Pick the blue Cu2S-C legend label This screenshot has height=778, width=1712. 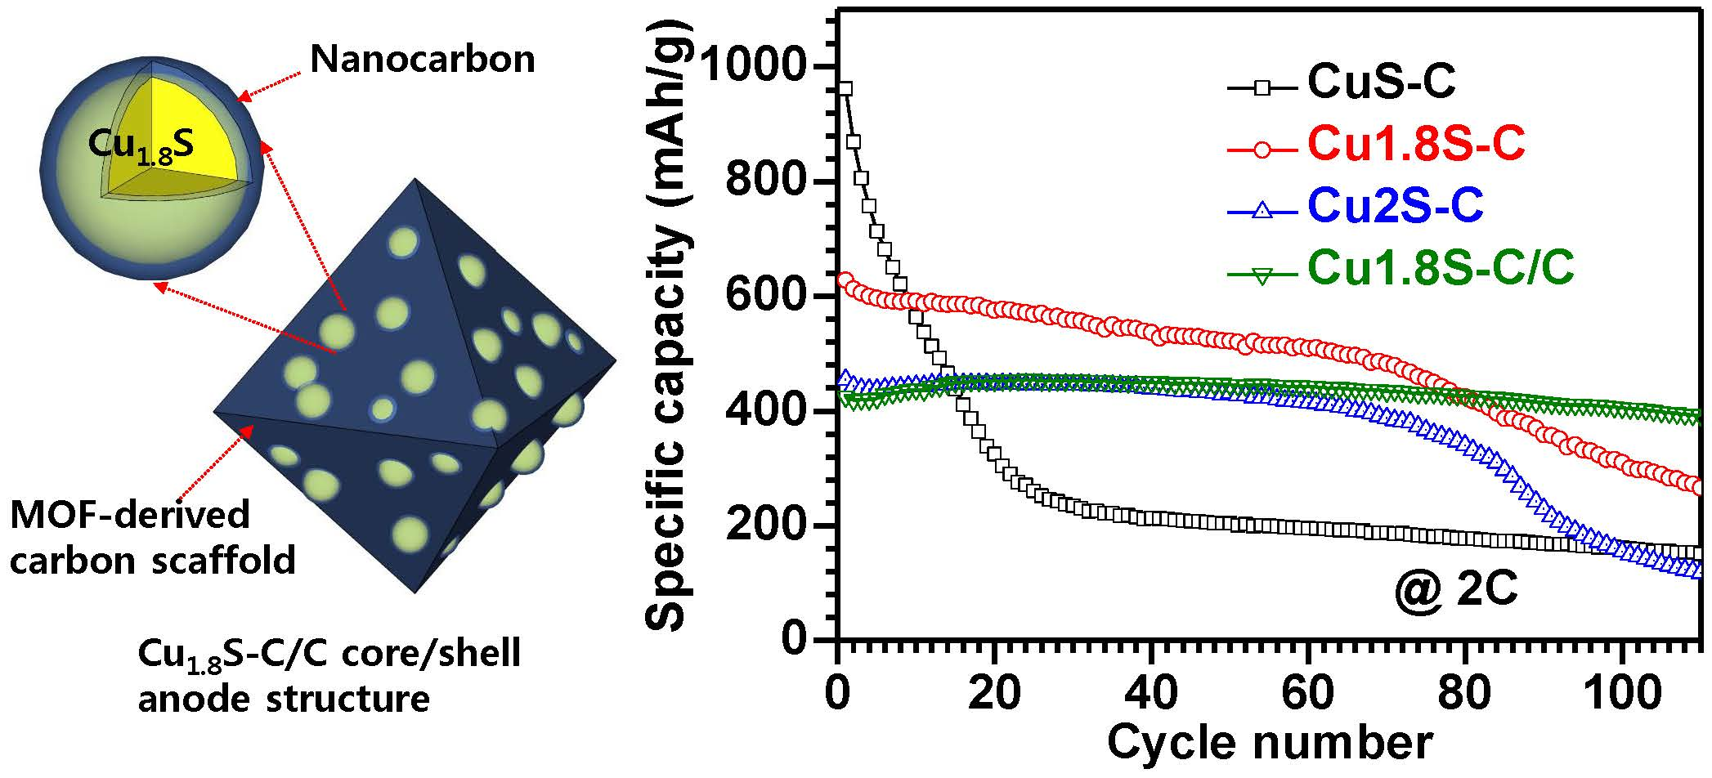pos(1395,206)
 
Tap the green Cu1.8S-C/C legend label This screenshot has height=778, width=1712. pos(1441,268)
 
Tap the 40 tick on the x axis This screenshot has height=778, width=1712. pos(1151,695)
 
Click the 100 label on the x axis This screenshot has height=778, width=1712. pos(1622,695)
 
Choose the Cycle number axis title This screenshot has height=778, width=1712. pos(1269,744)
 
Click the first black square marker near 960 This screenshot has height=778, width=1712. pos(846,88)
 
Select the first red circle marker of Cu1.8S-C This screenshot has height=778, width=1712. pos(846,279)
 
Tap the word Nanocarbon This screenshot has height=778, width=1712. pos(423,59)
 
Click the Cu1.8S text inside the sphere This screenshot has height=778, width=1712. pos(141,145)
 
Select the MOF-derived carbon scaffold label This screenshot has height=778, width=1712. pos(152,538)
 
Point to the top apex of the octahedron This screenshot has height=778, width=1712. pos(416,179)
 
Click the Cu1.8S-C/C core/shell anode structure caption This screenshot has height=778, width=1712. pos(329,677)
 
